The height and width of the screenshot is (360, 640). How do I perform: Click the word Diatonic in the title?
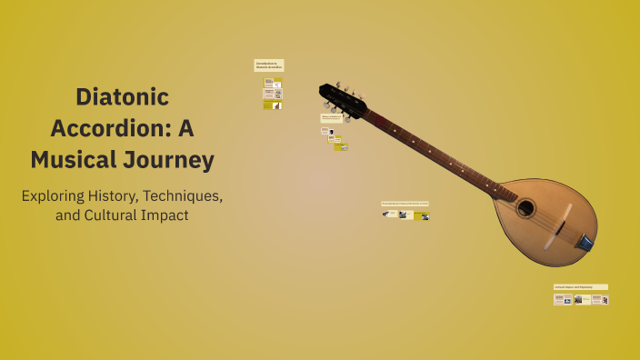122,96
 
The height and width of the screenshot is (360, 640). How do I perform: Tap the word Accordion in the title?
108,128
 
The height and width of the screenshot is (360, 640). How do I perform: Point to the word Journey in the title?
172,160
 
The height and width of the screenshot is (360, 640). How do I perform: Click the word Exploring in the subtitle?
60,195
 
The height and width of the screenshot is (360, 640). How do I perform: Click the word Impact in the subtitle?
163,216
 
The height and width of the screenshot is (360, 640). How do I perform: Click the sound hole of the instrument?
525,207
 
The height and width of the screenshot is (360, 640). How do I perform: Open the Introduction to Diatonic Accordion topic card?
268,65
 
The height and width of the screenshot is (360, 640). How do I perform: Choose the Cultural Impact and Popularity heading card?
580,286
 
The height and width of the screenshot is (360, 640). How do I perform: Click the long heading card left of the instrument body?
405,204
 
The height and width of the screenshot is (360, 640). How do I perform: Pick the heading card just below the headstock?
332,117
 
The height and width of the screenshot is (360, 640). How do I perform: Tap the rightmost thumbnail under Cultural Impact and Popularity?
601,299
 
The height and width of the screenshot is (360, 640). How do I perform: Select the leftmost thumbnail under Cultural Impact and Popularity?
563,299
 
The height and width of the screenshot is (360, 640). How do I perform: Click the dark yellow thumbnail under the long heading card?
423,215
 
